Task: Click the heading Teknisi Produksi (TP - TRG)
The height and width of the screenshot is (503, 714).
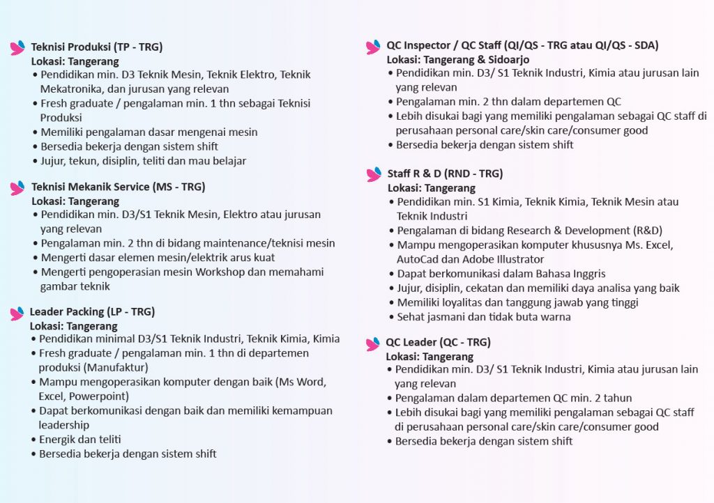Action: pyautogui.click(x=97, y=47)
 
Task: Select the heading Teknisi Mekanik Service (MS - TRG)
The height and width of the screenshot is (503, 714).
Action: pyautogui.click(x=118, y=187)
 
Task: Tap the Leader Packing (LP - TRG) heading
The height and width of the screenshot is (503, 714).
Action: pyautogui.click(x=92, y=311)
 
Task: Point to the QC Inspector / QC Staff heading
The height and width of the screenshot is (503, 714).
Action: pyautogui.click(x=522, y=45)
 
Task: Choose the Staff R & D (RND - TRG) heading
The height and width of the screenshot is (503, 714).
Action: pyautogui.click(x=445, y=173)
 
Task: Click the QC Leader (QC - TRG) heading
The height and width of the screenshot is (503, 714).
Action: pyautogui.click(x=438, y=342)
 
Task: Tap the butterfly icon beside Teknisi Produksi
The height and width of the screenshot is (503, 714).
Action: pyautogui.click(x=17, y=48)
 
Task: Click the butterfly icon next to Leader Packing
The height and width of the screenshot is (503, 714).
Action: pyautogui.click(x=17, y=313)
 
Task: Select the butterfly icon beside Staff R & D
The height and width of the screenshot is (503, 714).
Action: pyautogui.click(x=374, y=174)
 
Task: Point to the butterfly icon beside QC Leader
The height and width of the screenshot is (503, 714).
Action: pyautogui.click(x=374, y=343)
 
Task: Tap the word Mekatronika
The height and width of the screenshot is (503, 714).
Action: pyautogui.click(x=73, y=88)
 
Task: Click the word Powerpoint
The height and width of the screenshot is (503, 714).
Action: pyautogui.click(x=99, y=396)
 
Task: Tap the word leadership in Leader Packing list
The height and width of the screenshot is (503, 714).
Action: pyautogui.click(x=63, y=424)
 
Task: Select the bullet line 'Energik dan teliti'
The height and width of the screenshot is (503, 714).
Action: pyautogui.click(x=79, y=439)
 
